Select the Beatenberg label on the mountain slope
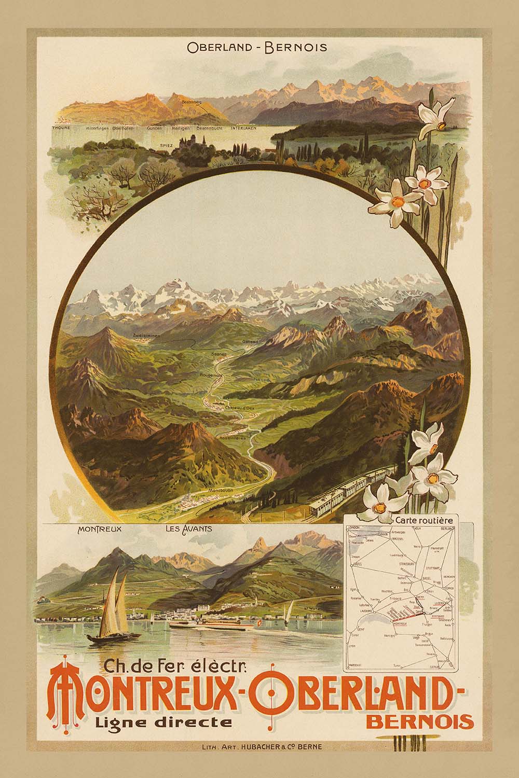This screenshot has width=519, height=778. (192, 103)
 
